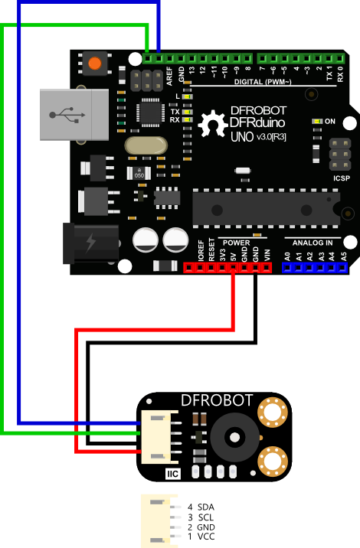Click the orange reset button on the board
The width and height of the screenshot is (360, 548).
95,64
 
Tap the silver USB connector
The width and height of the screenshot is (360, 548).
74,115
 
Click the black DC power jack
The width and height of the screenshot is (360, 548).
91,243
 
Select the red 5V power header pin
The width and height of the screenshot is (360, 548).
233,268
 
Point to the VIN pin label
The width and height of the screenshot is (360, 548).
267,255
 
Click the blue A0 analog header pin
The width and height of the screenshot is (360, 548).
287,268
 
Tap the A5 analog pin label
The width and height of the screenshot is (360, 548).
344,256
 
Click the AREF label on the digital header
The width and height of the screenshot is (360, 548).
169,77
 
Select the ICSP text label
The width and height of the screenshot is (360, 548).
342,178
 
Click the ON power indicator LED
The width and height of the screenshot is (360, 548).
317,121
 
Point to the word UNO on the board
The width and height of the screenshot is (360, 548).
242,136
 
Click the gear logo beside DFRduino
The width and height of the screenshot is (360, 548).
213,123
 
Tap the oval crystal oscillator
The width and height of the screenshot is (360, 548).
146,145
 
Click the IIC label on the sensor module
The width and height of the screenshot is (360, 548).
173,474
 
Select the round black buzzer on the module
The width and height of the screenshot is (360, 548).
234,437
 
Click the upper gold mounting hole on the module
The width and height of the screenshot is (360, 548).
273,413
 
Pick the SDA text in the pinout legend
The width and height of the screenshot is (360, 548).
206,507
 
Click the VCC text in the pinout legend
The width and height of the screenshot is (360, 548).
206,537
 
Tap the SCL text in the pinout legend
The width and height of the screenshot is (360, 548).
206,517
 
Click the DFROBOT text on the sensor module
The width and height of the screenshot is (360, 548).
217,400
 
